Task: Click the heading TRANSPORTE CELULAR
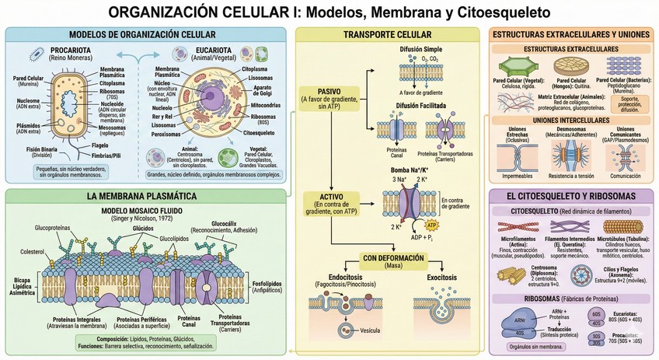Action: (387, 36)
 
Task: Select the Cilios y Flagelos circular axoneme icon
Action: (584, 274)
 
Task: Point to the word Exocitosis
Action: (445, 277)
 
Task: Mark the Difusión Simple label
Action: (421, 48)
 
